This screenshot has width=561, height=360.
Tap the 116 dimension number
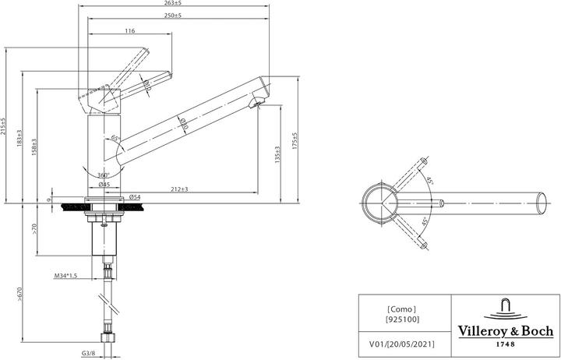tap(129, 30)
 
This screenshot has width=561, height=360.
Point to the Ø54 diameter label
tap(134, 196)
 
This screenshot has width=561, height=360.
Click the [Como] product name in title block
tap(401, 309)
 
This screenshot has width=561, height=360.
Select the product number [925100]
tap(401, 320)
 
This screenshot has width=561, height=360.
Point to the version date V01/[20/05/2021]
tap(401, 343)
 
